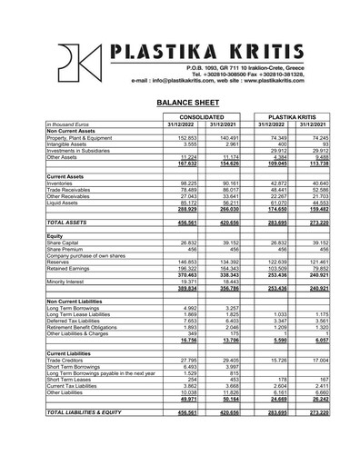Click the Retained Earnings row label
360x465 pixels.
(69, 269)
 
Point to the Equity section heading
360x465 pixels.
(55, 236)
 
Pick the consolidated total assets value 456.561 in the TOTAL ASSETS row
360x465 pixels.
(185, 222)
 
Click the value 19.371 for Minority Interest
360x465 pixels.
(186, 282)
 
